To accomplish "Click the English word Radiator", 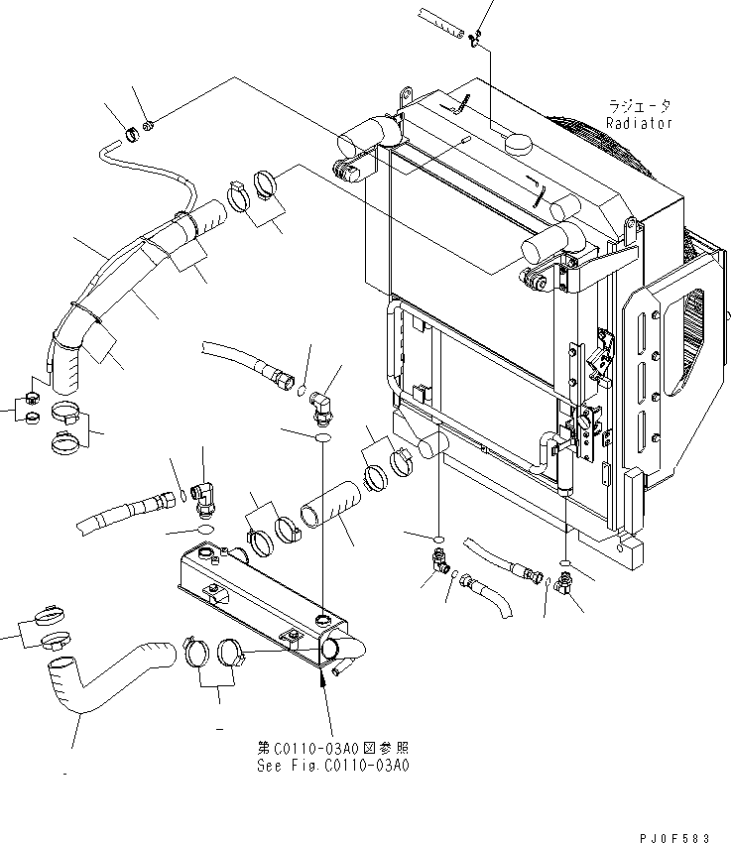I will pos(640,123).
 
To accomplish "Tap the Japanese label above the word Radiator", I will pos(640,105).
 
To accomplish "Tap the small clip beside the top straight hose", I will pos(475,38).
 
